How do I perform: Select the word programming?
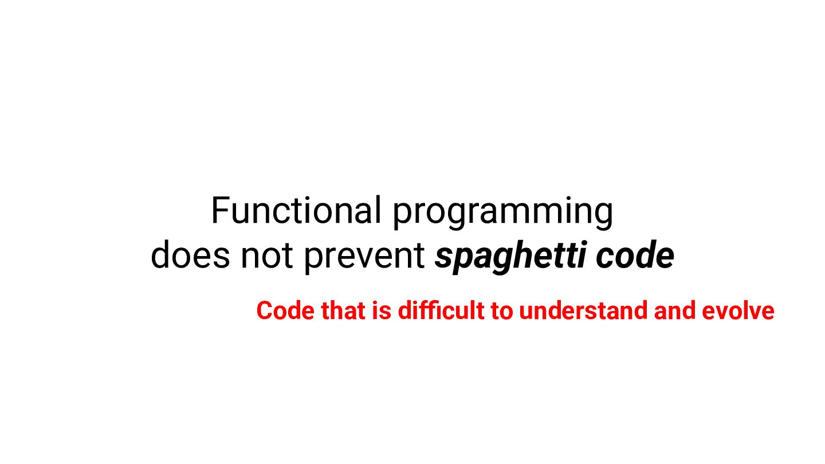pyautogui.click(x=503, y=213)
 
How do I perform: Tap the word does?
pyautogui.click(x=190, y=254)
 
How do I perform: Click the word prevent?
pyautogui.click(x=364, y=257)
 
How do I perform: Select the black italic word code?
pyautogui.click(x=635, y=254)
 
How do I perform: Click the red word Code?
pyautogui.click(x=285, y=310)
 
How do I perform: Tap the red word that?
pyautogui.click(x=343, y=310)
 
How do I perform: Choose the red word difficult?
pyautogui.click(x=441, y=310)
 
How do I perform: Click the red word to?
pyautogui.click(x=502, y=312)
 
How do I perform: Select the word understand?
pyautogui.click(x=583, y=310)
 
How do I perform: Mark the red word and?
pyautogui.click(x=675, y=310)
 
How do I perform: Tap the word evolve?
pyautogui.click(x=738, y=310)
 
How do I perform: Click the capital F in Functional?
pyautogui.click(x=220, y=210)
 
